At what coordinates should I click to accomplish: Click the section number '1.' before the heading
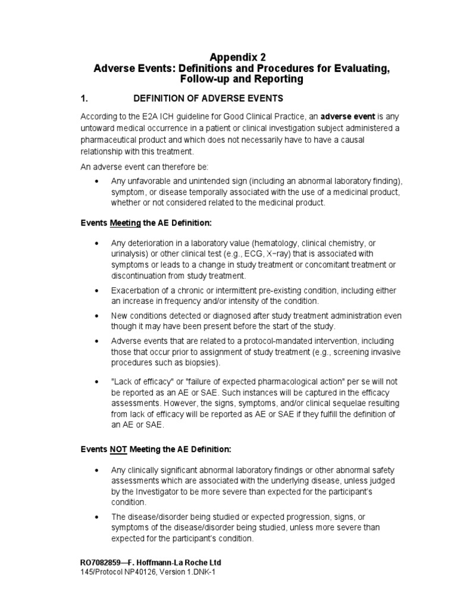84,98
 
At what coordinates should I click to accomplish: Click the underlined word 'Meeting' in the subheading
124,222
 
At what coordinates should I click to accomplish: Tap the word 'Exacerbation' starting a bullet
136,290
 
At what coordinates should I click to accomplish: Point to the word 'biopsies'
202,363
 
